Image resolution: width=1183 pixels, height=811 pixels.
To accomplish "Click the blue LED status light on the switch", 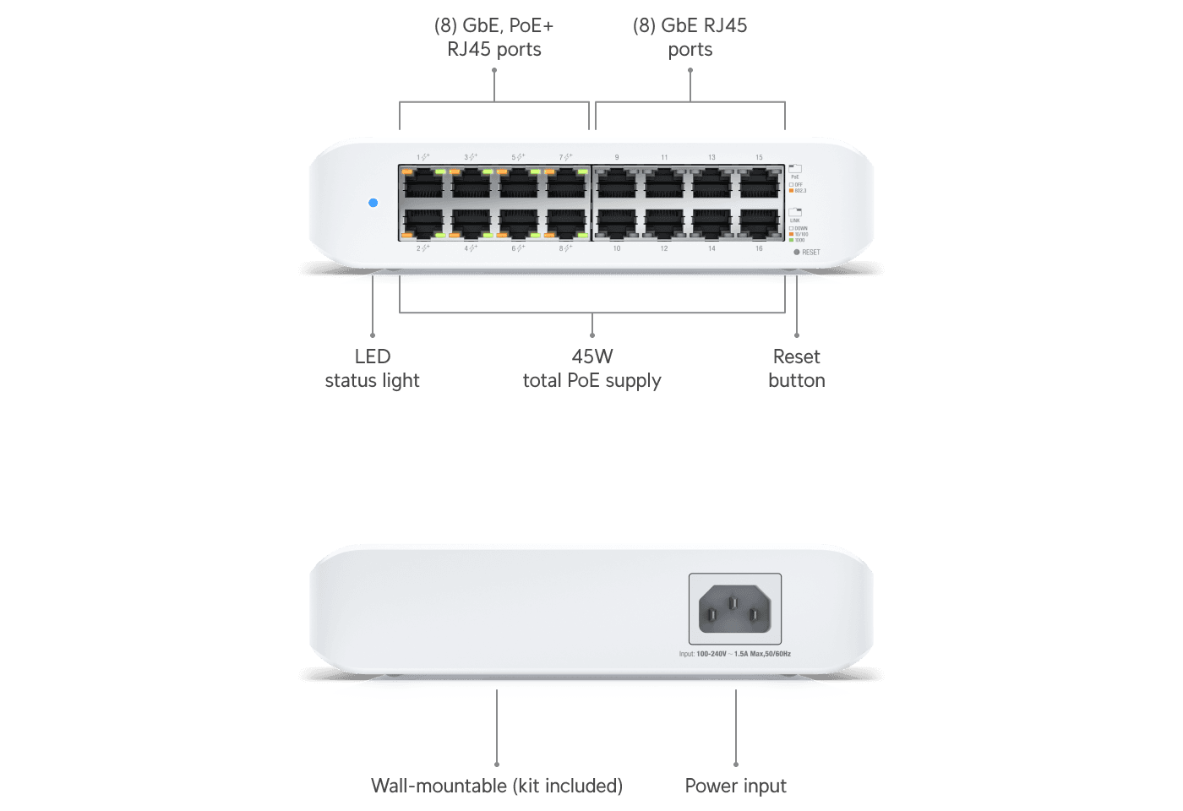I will [x=373, y=203].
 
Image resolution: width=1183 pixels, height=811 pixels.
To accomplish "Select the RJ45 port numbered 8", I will [x=566, y=222].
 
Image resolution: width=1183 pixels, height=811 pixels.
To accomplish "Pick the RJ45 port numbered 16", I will [x=759, y=222].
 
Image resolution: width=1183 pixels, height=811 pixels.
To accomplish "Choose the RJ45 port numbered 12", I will [x=664, y=222].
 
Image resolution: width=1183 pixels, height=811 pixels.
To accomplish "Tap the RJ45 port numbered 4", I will [x=471, y=222].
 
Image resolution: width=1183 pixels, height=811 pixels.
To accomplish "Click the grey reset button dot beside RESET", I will [x=797, y=252].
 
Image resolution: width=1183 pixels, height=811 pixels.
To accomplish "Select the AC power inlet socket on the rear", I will [x=734, y=608].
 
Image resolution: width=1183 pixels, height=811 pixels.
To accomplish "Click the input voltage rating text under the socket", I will [x=734, y=654].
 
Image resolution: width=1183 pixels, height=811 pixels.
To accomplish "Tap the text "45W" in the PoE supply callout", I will [x=591, y=357].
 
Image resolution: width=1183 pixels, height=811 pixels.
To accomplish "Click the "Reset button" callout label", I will [x=796, y=368].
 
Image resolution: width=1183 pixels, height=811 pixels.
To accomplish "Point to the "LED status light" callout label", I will [x=373, y=368].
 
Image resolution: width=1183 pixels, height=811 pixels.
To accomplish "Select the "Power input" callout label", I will [x=735, y=786].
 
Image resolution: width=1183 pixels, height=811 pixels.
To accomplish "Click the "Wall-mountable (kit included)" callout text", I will [x=497, y=786].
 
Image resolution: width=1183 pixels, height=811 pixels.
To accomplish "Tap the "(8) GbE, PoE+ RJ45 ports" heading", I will [x=494, y=37].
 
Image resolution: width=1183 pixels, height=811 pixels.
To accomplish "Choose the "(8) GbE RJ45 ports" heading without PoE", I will [x=690, y=37].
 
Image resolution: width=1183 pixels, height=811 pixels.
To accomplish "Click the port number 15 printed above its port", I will [x=759, y=158].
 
